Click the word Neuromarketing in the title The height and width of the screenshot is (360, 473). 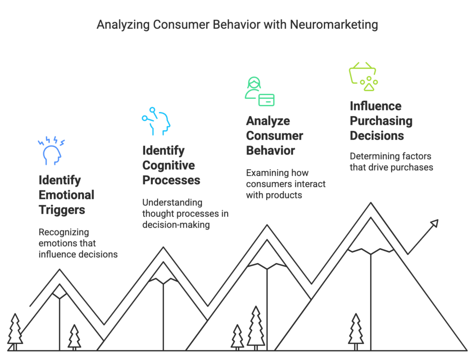pyautogui.click(x=334, y=24)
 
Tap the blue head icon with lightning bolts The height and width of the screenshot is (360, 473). pyautogui.click(x=51, y=151)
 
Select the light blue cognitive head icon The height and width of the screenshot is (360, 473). pyautogui.click(x=156, y=121)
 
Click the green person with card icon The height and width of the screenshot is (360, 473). pyautogui.click(x=259, y=92)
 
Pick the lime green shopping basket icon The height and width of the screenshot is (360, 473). pyautogui.click(x=363, y=77)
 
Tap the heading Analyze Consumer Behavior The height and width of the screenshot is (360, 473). pyautogui.click(x=274, y=136)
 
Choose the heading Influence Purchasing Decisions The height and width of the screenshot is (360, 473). pyautogui.click(x=381, y=121)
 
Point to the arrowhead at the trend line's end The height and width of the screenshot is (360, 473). pyautogui.click(x=433, y=224)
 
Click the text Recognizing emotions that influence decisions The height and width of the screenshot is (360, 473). pyautogui.click(x=78, y=243)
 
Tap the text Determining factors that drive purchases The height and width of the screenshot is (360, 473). pyautogui.click(x=391, y=162)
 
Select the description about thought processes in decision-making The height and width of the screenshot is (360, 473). pyautogui.click(x=185, y=214)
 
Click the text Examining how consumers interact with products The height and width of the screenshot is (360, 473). pyautogui.click(x=285, y=184)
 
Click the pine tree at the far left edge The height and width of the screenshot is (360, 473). pyautogui.click(x=15, y=330)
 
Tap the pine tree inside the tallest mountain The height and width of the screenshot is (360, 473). pyautogui.click(x=356, y=330)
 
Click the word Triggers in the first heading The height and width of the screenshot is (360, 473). pyautogui.click(x=62, y=210)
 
